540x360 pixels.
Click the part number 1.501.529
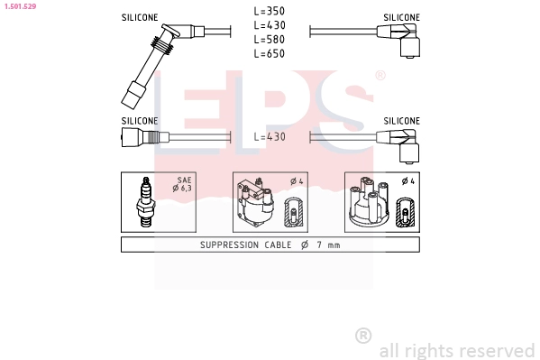(x=20, y=6)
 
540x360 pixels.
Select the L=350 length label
(x=270, y=11)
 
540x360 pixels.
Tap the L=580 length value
(x=270, y=40)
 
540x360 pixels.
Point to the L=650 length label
(x=270, y=53)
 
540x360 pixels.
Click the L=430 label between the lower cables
(x=270, y=136)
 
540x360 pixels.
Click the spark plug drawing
(x=146, y=202)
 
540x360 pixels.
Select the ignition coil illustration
(x=255, y=203)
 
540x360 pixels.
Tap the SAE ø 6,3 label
(x=182, y=184)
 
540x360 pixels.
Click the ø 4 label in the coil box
(x=297, y=181)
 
